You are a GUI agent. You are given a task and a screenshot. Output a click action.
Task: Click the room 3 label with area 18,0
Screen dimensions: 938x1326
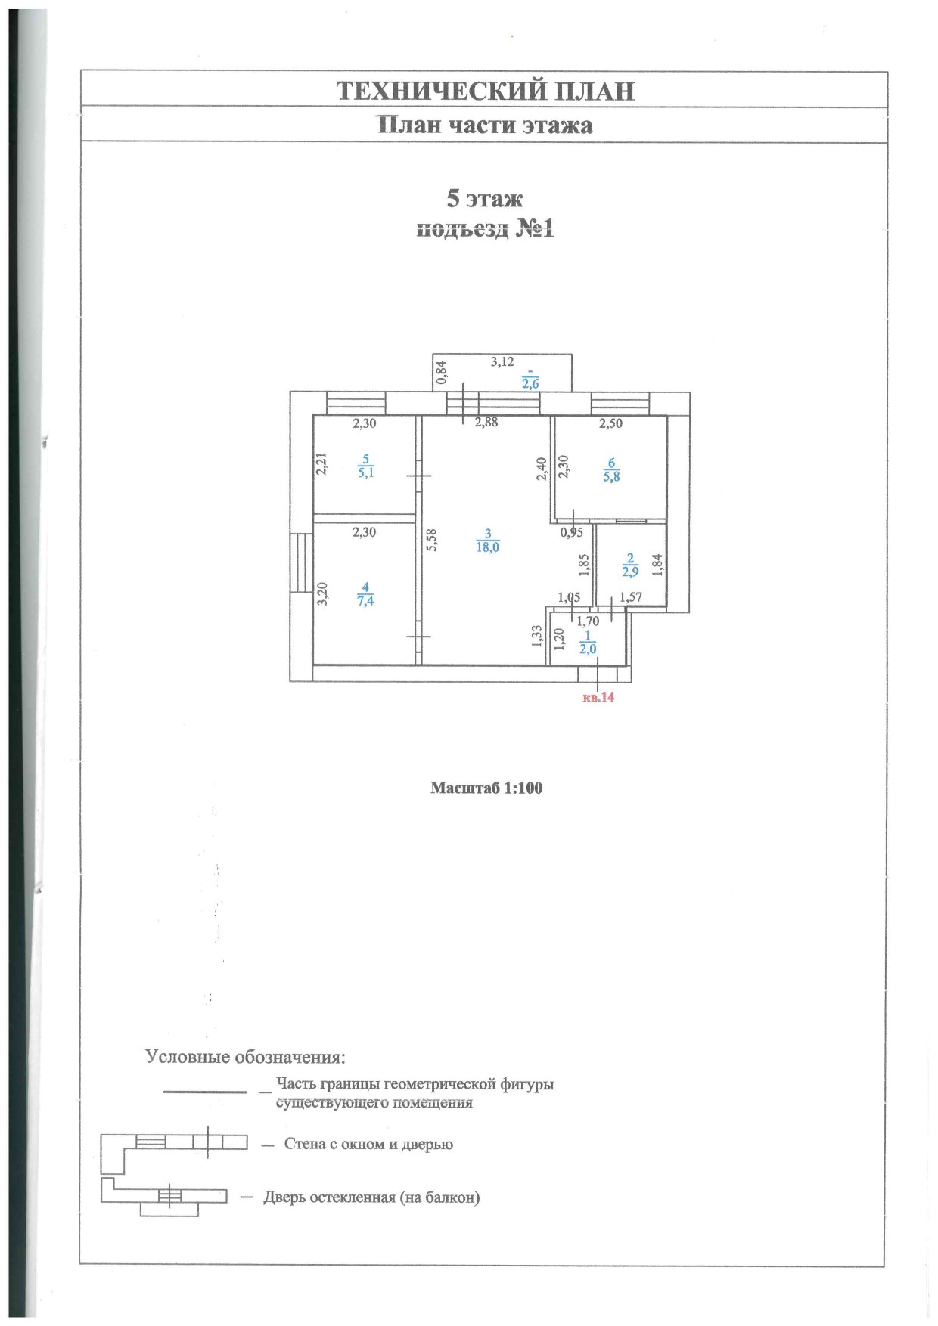tap(488, 541)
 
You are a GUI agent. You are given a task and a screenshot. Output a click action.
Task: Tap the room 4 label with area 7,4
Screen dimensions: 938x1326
tap(365, 594)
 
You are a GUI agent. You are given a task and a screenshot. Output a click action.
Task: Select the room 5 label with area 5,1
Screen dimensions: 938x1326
tap(366, 466)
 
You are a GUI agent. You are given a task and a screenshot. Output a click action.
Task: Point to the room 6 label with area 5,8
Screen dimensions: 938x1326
tap(611, 470)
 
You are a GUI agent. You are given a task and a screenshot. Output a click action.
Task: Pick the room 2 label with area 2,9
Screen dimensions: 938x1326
tap(630, 565)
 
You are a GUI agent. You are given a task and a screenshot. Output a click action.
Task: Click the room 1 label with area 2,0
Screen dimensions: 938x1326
tap(588, 643)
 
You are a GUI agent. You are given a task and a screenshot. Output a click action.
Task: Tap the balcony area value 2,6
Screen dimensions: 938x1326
tap(530, 383)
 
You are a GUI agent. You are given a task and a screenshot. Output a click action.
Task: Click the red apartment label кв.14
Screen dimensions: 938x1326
tap(598, 697)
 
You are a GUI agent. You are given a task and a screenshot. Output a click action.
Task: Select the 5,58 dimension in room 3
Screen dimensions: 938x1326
tap(431, 539)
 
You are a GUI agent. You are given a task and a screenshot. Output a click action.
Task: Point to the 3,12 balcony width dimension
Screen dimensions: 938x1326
tap(502, 362)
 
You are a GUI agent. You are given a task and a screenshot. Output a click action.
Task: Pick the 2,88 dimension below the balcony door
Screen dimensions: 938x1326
tap(486, 423)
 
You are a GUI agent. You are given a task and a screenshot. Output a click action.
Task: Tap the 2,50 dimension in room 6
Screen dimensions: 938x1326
tap(610, 423)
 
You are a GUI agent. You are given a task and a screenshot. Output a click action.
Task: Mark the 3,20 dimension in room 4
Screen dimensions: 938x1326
tap(322, 593)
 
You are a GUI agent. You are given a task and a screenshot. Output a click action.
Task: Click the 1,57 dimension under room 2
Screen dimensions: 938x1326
tap(631, 597)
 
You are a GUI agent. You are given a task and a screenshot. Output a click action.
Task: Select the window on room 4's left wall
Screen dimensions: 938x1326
tap(303, 562)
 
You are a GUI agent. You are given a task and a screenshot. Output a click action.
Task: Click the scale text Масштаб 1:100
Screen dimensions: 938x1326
tap(486, 788)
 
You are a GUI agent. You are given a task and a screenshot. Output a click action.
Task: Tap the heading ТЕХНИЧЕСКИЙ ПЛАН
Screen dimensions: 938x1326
tap(485, 91)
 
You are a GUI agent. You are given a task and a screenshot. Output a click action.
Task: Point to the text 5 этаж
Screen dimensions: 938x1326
tap(485, 198)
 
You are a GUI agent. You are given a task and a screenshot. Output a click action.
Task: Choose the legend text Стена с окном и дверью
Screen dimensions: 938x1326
tap(368, 1144)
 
